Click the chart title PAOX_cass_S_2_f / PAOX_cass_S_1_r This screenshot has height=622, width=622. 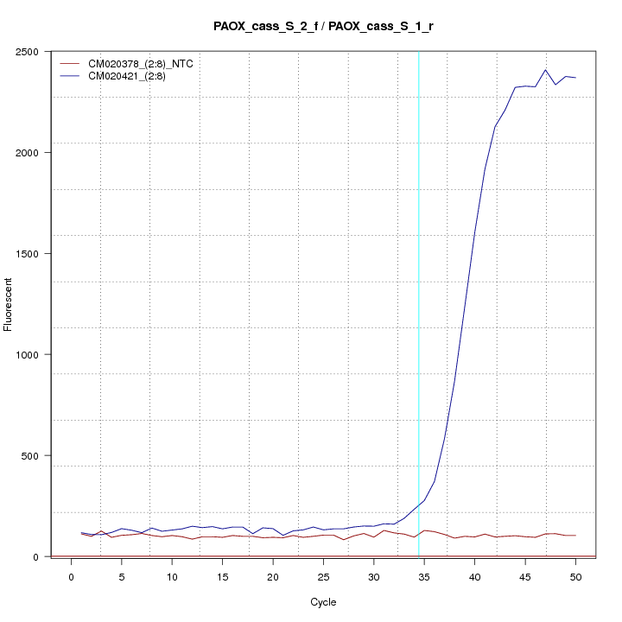323,26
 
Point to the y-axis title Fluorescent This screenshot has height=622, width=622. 10,303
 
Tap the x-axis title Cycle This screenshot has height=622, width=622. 323,602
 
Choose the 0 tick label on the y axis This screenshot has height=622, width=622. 35,556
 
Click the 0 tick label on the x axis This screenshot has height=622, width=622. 71,576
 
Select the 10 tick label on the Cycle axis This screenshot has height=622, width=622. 172,576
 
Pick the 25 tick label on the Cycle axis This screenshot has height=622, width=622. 323,576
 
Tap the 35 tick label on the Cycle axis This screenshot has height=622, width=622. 424,576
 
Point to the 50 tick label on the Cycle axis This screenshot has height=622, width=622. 575,576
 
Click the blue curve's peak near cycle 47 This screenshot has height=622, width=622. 545,70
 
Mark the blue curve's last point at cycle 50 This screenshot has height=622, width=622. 575,78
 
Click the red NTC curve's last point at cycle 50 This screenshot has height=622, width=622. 575,536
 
